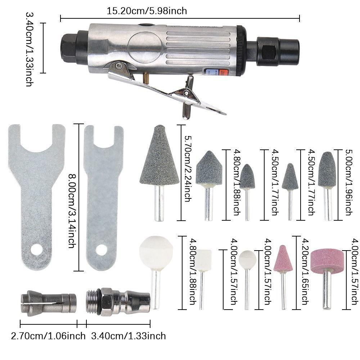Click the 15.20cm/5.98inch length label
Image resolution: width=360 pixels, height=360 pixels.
pyautogui.click(x=147, y=11)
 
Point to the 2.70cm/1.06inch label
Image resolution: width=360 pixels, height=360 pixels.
pyautogui.click(x=48, y=336)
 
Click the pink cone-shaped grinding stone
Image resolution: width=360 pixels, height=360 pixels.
pyautogui.click(x=283, y=259)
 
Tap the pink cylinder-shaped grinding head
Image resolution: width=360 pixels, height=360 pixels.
pyautogui.click(x=327, y=260)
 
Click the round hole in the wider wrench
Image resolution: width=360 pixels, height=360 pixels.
pyautogui.click(x=36, y=249)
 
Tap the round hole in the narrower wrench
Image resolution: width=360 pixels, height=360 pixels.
pyautogui.click(x=102, y=249)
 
